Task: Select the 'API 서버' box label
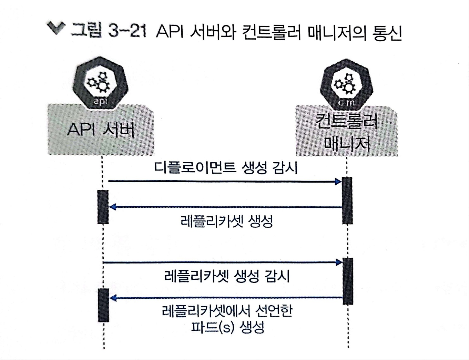point(101,130)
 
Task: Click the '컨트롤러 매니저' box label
point(347,132)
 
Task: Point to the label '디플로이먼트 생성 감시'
point(226,168)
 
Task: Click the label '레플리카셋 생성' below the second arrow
point(227,221)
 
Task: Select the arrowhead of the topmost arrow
point(338,182)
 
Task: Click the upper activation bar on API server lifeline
point(103,207)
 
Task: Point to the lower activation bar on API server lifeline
point(103,305)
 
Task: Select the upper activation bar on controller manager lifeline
point(347,200)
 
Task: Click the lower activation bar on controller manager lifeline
point(348,281)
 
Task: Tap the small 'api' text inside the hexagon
point(101,101)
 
